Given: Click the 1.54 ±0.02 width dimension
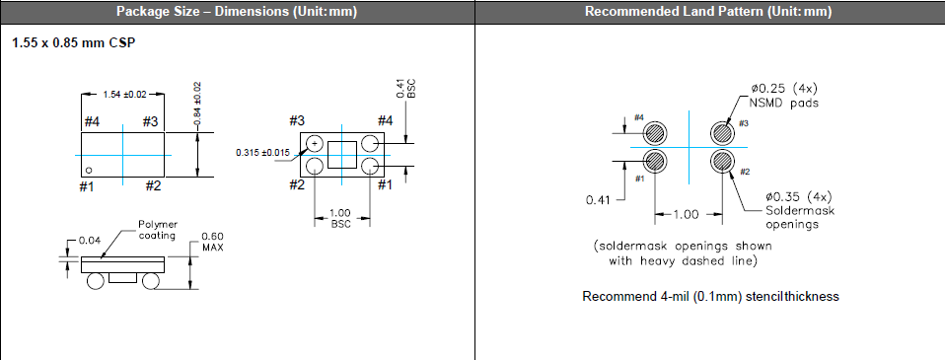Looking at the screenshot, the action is pos(124,94).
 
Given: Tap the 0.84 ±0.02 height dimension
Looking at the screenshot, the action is pos(197,104).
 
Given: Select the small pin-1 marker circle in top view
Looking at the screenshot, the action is pos(89,170).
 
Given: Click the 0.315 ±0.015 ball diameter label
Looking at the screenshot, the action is pos(262,153).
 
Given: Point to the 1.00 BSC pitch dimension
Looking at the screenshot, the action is pos(341,218).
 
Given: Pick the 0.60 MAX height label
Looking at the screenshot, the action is pos(212,242).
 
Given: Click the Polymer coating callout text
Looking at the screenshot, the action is pos(158,230).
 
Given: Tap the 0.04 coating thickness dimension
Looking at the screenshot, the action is pos(91,241).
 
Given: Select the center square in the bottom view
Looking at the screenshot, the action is pos(342,155).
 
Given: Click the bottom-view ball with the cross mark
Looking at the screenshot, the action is pos(315,144).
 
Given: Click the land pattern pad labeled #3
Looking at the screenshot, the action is pos(722,133).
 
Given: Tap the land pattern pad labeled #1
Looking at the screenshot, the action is pos(655,161).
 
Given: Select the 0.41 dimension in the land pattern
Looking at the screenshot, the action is pos(598,199).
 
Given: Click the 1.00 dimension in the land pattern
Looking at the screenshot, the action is pos(686,214).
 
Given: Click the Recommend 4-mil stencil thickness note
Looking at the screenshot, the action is pos(710,296).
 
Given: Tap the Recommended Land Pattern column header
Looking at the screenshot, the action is pos(708,12).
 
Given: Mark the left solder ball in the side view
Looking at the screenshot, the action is pos(96,281).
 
